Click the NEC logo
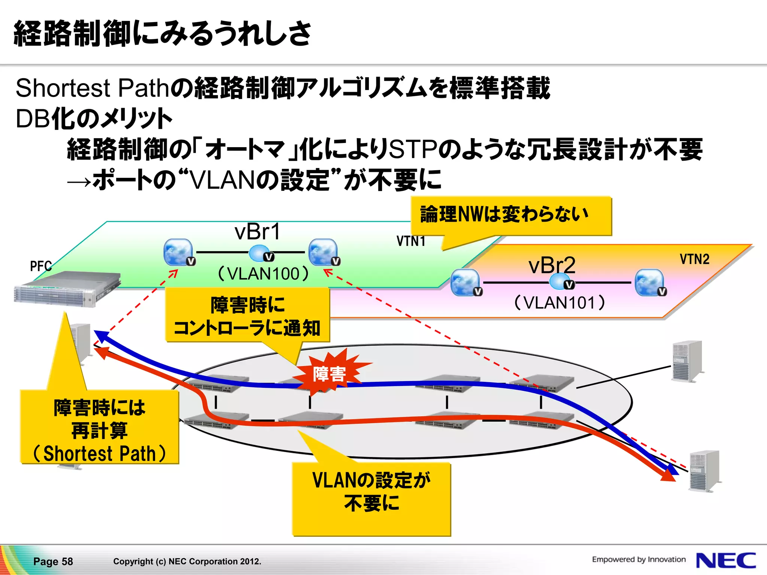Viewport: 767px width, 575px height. click(x=725, y=560)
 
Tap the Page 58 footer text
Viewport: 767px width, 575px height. click(x=53, y=562)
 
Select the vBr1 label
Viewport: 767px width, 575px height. click(x=257, y=232)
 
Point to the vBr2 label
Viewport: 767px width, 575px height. click(x=552, y=265)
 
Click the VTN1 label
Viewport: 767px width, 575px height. click(x=411, y=241)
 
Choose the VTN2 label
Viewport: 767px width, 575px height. click(x=694, y=259)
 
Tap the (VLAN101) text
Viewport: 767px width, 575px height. click(x=560, y=302)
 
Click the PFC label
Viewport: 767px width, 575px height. click(x=40, y=266)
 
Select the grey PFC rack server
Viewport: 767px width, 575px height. click(x=67, y=289)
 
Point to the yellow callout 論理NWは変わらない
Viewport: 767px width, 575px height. click(x=511, y=216)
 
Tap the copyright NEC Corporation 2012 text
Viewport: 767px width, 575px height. click(x=187, y=562)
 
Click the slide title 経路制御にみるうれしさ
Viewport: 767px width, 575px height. click(x=162, y=34)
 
